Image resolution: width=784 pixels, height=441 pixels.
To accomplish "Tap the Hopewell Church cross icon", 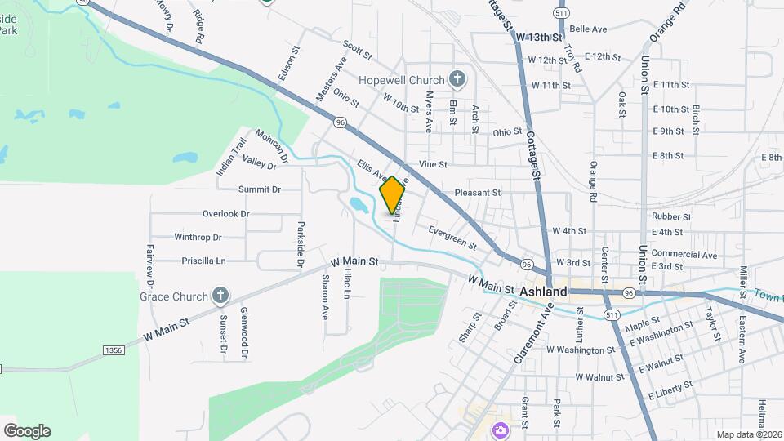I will pos(457,79).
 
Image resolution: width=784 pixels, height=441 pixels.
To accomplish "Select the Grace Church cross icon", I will pos(220,295).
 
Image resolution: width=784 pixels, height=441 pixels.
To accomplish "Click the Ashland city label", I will pos(543,291).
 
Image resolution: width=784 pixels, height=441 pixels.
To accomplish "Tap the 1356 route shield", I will pos(114,350).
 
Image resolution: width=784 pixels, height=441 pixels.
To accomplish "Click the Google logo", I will pos(27,431).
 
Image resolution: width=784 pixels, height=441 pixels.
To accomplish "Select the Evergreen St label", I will pos(452,238).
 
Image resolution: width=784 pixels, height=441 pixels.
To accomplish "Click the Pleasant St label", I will pos(477,193).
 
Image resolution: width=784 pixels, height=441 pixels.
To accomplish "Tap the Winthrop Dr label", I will pos(198,238).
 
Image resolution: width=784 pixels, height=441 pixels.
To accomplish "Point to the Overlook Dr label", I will pos(225,214).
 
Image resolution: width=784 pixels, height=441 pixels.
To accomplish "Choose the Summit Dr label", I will pos(259,189).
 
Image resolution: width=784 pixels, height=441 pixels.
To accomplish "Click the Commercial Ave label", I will pos(684,255).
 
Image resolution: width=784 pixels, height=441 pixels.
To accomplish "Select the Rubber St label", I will pos(671,217).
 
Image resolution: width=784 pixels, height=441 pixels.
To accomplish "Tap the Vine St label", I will pos(433,164).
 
